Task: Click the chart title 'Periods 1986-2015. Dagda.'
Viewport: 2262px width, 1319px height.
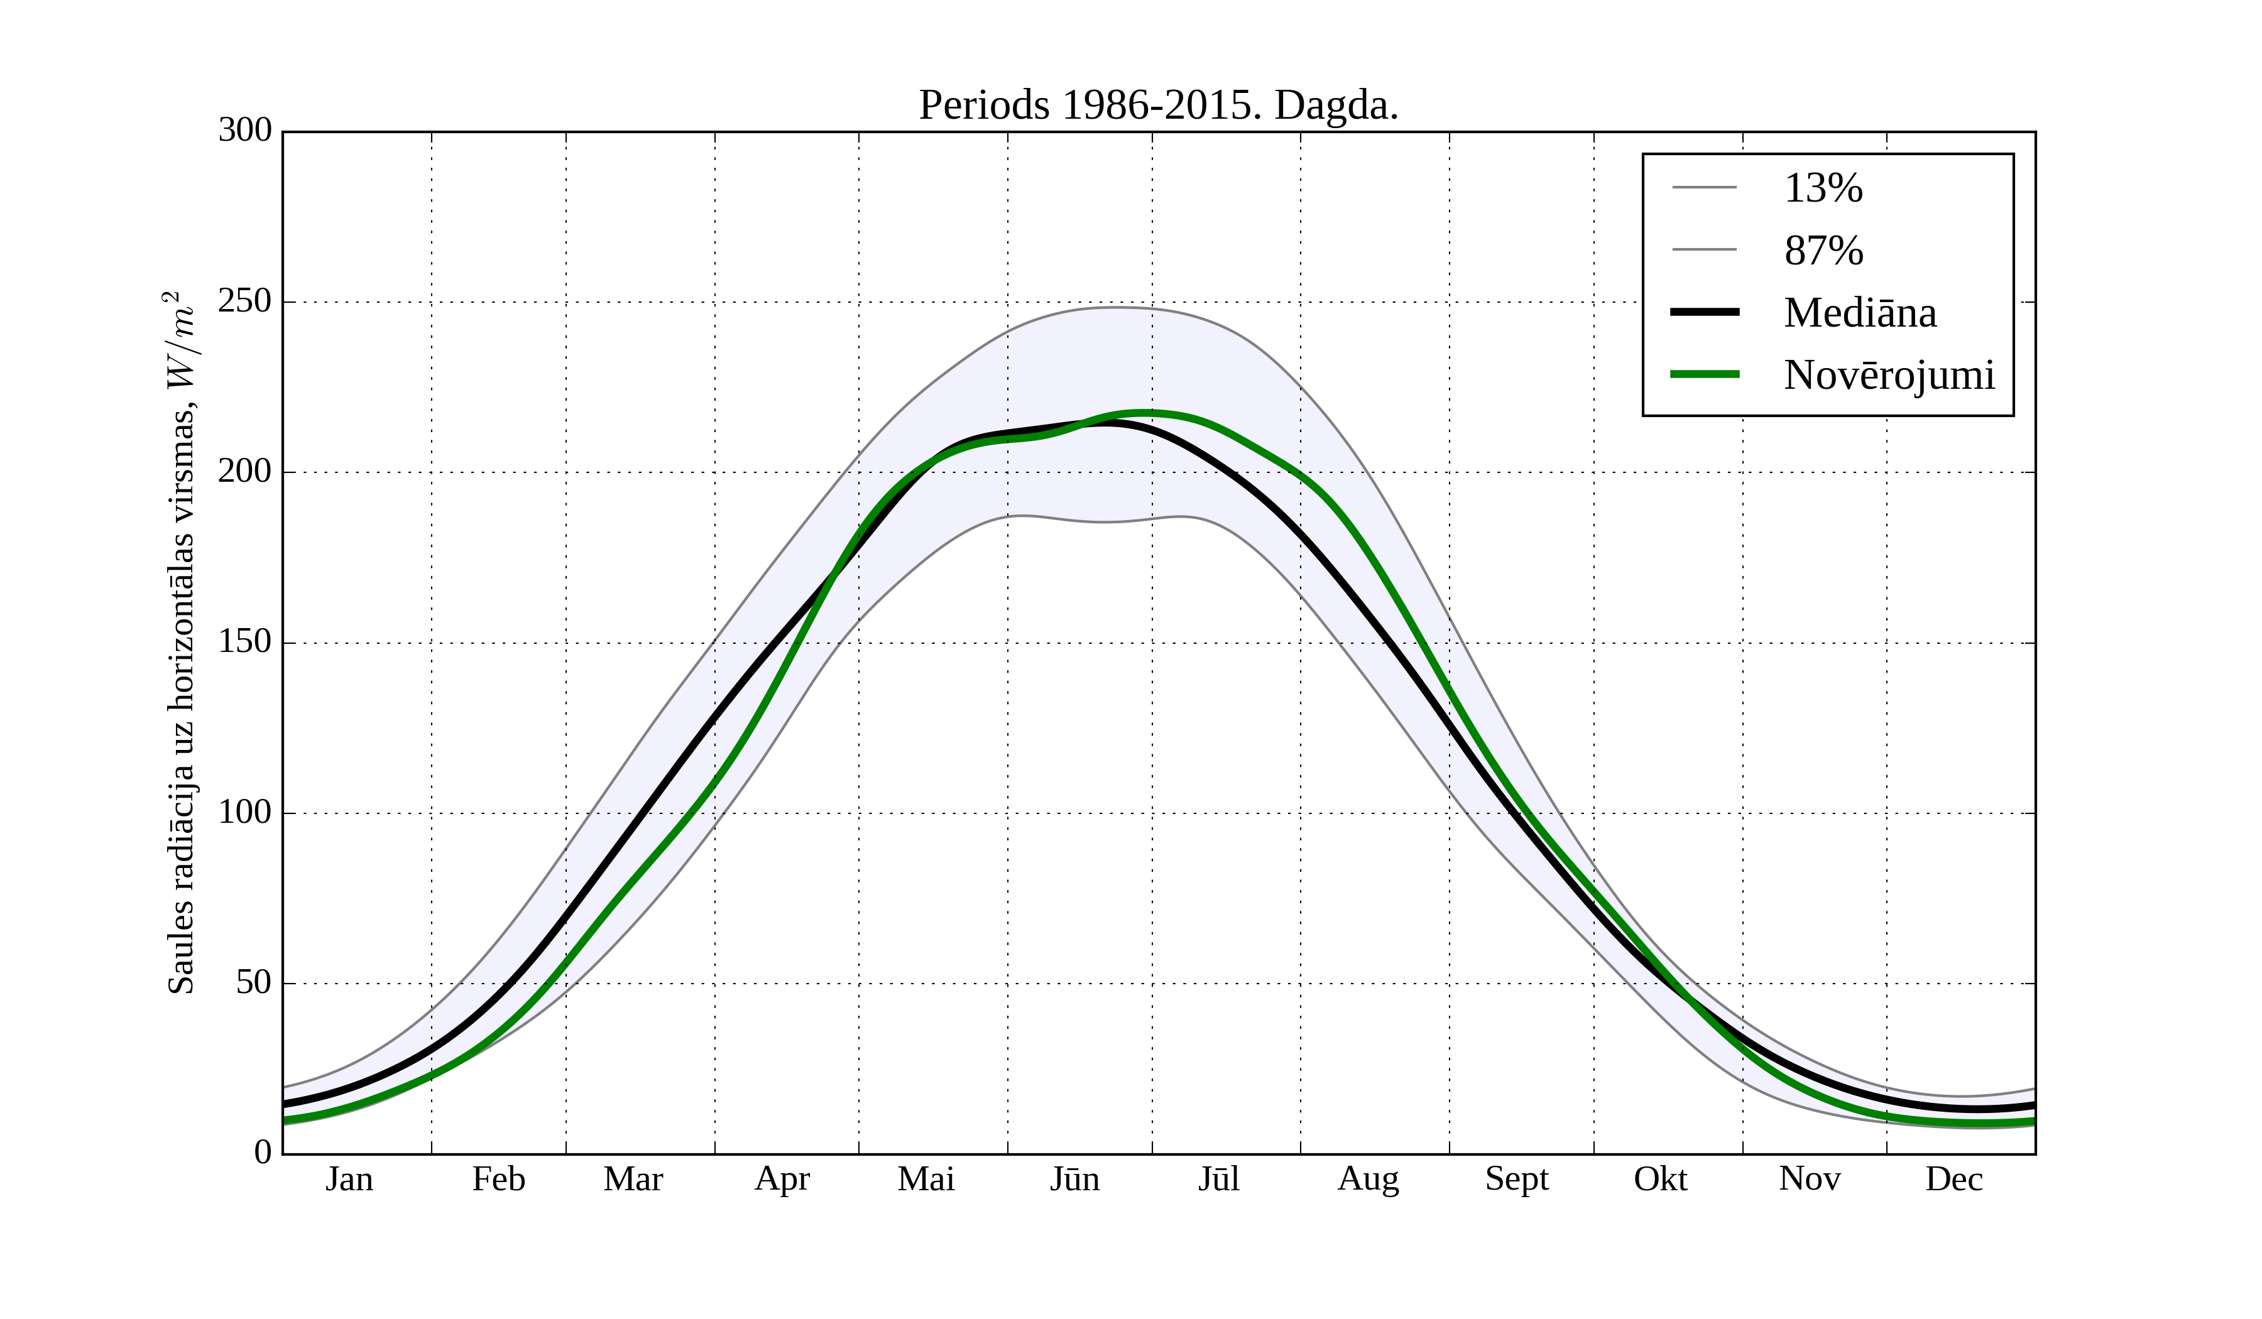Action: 1158,106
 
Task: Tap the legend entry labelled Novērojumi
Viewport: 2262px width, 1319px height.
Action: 1889,375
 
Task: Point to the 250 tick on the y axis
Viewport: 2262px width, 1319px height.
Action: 244,301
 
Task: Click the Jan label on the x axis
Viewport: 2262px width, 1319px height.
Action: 349,1179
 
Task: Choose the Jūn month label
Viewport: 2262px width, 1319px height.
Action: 1074,1179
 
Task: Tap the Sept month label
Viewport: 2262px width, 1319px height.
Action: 1516,1179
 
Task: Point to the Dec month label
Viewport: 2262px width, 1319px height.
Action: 1953,1179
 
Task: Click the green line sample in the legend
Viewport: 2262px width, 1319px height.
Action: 1703,374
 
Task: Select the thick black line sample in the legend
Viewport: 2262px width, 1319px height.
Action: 1703,312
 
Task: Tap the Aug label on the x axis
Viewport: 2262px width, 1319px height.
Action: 1368,1179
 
